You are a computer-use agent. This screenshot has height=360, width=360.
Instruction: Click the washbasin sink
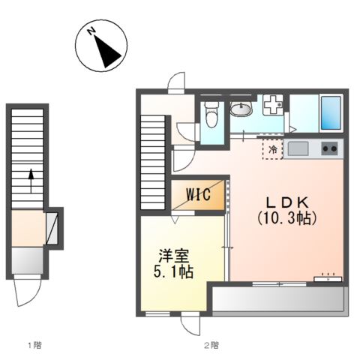[241, 109]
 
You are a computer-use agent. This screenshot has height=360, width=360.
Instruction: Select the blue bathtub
[331, 112]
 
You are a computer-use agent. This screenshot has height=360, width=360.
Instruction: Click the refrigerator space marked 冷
[273, 150]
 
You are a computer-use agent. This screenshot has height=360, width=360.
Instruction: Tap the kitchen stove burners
[329, 148]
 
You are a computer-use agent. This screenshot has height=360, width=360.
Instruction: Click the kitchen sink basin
[298, 148]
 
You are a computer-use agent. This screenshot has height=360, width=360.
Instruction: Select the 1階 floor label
[34, 346]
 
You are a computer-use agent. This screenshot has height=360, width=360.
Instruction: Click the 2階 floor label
[211, 346]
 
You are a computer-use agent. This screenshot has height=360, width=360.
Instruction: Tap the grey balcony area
[277, 299]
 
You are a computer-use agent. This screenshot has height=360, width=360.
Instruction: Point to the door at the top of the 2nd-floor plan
[176, 82]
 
